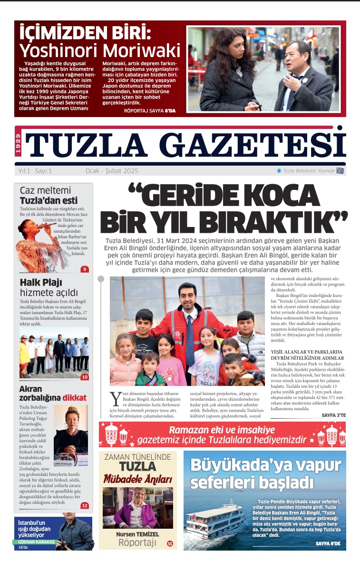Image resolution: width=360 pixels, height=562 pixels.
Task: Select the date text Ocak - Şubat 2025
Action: coord(112,171)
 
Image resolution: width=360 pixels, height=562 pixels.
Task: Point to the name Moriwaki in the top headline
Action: coord(141,50)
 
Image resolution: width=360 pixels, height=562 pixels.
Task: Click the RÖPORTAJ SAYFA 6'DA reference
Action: coord(149,110)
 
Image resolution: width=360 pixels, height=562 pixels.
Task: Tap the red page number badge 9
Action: coord(85,269)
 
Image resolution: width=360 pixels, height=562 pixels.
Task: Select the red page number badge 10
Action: coord(85,377)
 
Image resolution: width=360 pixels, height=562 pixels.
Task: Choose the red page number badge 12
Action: coord(85,506)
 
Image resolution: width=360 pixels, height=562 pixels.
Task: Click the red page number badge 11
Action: coord(170,543)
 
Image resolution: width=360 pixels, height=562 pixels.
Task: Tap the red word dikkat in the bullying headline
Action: coord(75,398)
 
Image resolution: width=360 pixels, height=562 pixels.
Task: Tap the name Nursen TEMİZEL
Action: coord(138,534)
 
